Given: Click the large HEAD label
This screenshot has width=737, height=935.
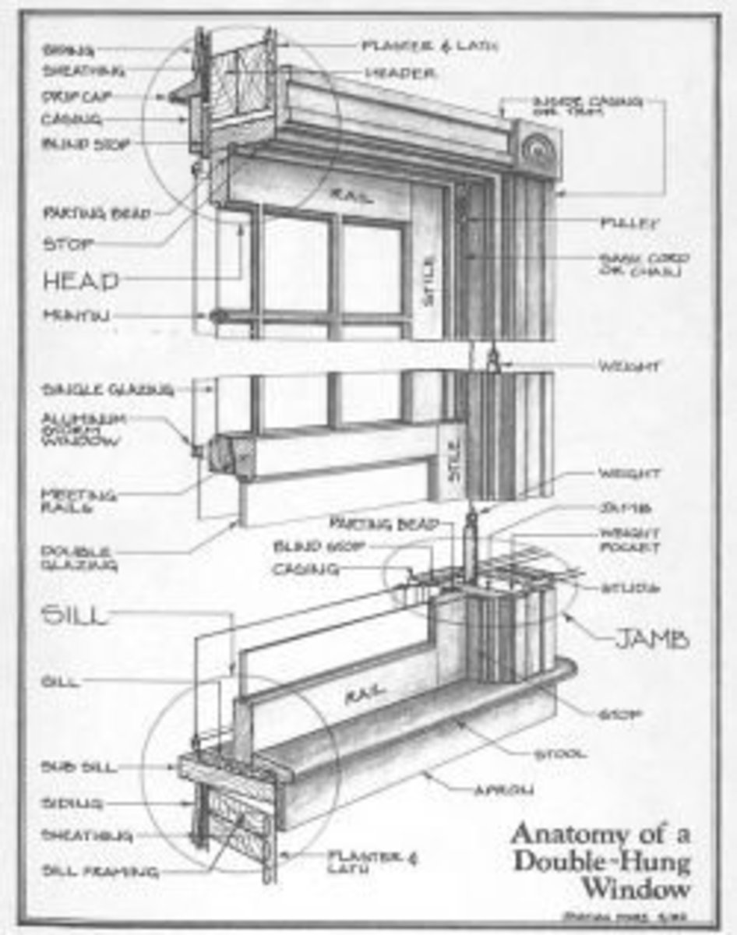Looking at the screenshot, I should click(x=81, y=280).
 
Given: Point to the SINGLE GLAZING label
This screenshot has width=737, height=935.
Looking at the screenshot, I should click(x=107, y=390).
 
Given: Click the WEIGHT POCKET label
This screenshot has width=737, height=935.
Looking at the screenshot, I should click(x=629, y=540).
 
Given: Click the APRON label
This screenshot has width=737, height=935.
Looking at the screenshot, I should click(x=503, y=790).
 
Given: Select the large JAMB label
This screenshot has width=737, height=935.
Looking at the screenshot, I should click(x=651, y=640).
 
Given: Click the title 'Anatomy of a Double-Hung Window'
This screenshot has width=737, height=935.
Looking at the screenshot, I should click(x=601, y=860).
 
